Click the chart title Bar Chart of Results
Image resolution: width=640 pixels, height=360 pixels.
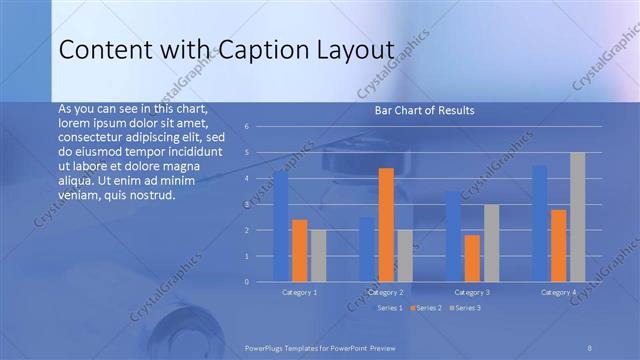pos(424,110)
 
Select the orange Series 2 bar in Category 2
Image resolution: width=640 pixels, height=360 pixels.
pos(386,225)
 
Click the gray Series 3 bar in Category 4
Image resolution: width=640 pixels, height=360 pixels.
pos(577,217)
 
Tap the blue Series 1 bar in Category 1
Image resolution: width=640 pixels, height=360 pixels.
pos(280,226)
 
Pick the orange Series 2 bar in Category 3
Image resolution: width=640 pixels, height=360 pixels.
pos(472,258)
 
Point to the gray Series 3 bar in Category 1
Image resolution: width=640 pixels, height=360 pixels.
pos(318,255)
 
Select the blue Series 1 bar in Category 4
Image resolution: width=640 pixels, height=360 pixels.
pos(540,223)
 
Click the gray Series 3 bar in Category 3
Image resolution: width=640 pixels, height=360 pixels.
pos(491,243)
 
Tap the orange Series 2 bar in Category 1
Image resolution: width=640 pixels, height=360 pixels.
pos(299,250)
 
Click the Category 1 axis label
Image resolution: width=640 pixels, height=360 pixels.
pos(299,292)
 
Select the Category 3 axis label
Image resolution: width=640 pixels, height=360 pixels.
pos(472,292)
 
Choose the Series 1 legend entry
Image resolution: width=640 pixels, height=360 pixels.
pos(388,309)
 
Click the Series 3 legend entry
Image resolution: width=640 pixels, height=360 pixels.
pos(466,309)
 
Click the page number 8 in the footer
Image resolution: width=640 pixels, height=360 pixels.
pos(589,346)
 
